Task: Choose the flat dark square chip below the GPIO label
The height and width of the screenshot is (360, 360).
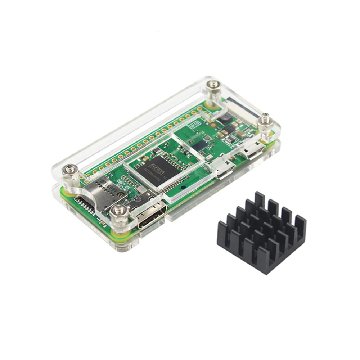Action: click(x=200, y=145)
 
